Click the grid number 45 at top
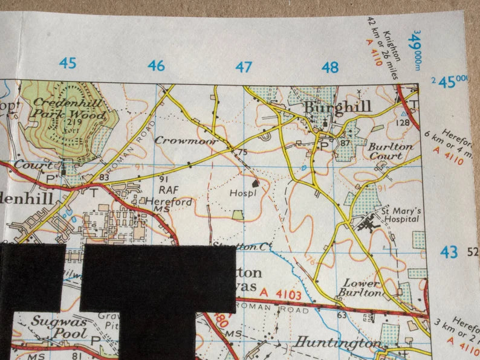click(68, 63)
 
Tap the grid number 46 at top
click(156, 65)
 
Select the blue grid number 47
click(243, 66)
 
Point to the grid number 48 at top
click(330, 67)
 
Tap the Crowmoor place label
click(177, 140)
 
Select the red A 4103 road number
click(280, 293)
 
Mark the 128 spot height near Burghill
click(402, 123)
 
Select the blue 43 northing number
click(449, 252)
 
